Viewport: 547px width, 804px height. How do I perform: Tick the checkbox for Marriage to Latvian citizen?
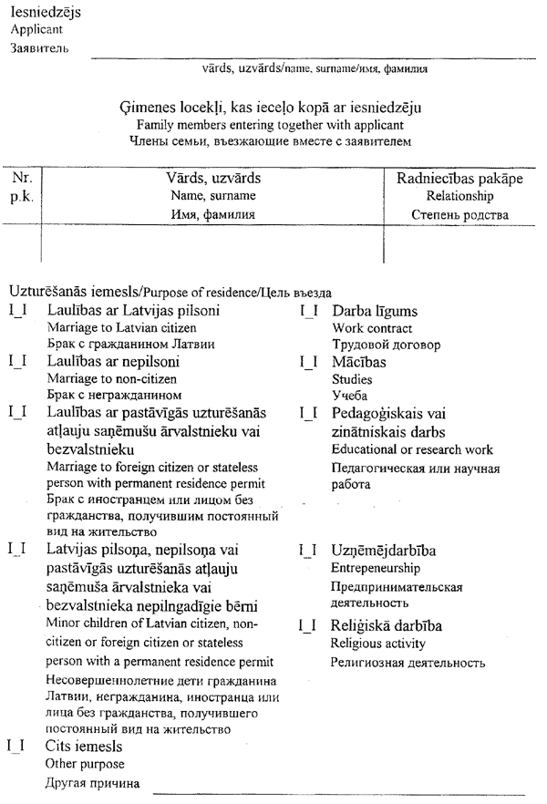[x=15, y=312]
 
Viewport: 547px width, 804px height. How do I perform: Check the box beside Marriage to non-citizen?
[x=15, y=362]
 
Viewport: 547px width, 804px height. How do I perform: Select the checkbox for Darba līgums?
[x=308, y=312]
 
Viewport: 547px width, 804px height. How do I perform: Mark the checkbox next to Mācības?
[x=308, y=362]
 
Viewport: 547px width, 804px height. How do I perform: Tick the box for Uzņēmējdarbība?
[x=308, y=551]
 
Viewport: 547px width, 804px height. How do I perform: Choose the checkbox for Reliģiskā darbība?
[x=308, y=626]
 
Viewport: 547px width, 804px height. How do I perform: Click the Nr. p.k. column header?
[x=21, y=187]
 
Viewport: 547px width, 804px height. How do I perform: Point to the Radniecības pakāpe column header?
[x=459, y=179]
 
